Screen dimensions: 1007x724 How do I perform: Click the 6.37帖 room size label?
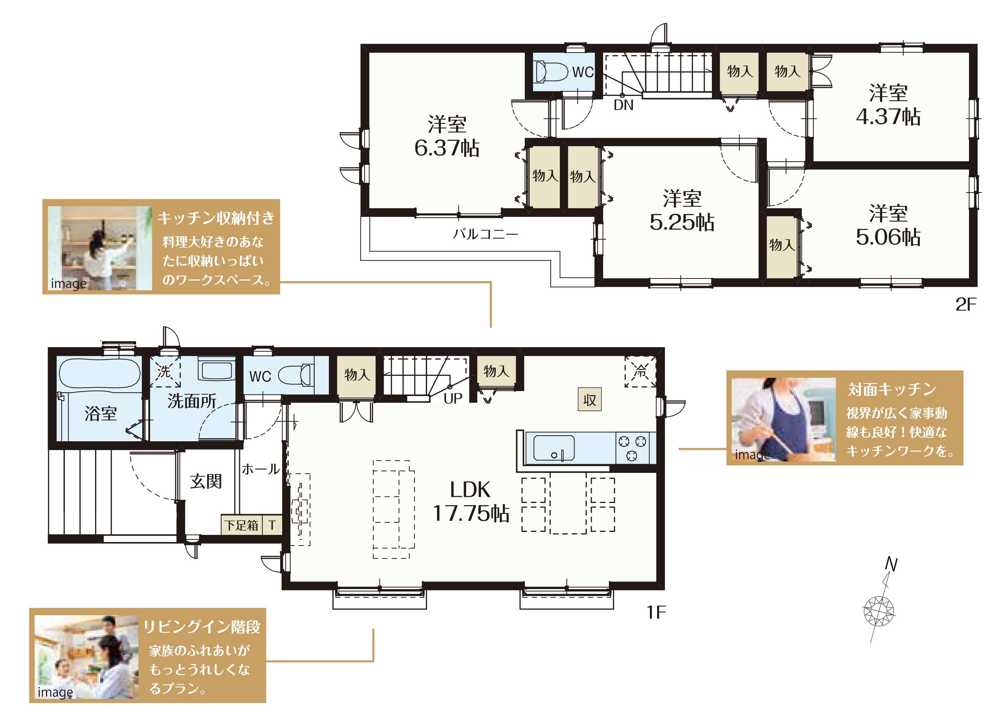[x=447, y=148]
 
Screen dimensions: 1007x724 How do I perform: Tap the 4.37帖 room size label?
[x=888, y=116]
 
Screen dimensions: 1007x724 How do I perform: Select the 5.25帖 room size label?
[x=682, y=222]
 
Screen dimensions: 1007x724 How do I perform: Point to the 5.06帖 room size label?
[x=888, y=237]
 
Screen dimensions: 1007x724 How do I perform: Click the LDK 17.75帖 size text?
[x=471, y=501]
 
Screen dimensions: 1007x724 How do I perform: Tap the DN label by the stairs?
[x=623, y=105]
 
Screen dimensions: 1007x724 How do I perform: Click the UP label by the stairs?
[x=453, y=398]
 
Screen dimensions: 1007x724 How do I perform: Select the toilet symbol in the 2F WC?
[x=551, y=72]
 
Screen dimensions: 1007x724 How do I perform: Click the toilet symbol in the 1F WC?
[x=296, y=375]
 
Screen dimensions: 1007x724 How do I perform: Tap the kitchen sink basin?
[x=554, y=448]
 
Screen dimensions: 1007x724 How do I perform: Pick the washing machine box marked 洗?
[x=165, y=371]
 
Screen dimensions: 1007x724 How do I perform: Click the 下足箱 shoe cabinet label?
[x=241, y=525]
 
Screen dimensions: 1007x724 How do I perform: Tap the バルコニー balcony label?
[x=485, y=234]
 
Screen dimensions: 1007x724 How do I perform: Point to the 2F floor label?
[x=966, y=305]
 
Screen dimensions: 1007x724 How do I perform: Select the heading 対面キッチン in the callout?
[x=892, y=390]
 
